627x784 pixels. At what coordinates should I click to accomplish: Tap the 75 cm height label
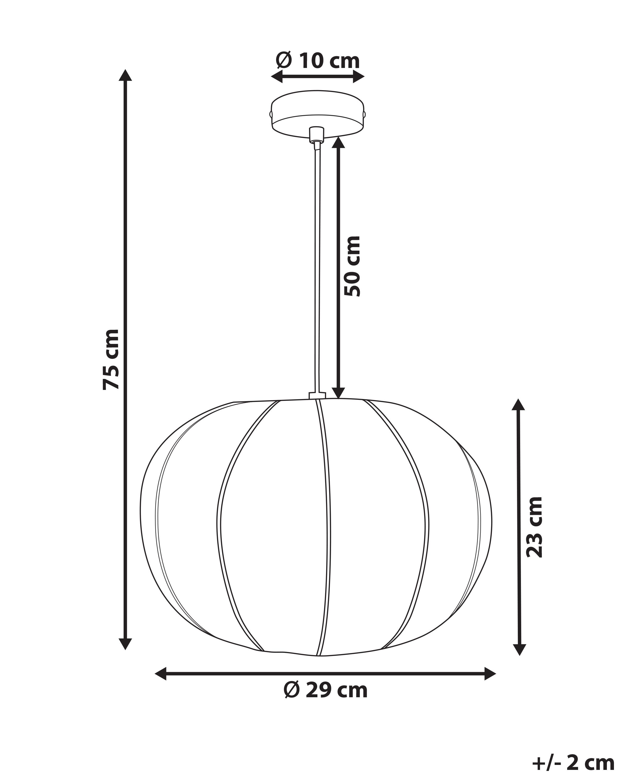point(111,359)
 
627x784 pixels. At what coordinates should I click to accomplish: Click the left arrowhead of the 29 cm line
point(161,673)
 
